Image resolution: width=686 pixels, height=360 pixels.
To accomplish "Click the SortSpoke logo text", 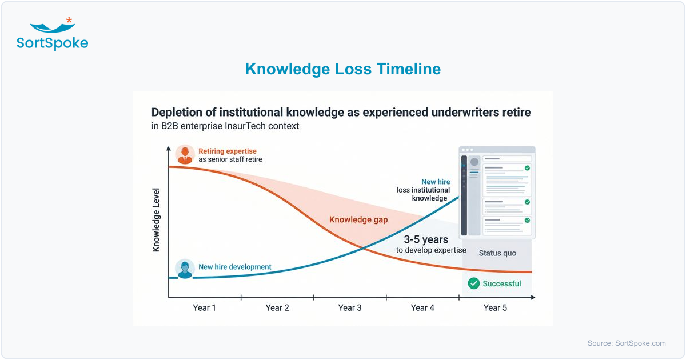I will (x=53, y=43).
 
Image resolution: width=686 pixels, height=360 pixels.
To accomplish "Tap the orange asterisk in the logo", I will (x=69, y=21).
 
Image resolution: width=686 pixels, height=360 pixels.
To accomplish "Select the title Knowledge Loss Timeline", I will (x=342, y=69).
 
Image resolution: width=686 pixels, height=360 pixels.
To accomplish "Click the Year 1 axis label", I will (x=205, y=308).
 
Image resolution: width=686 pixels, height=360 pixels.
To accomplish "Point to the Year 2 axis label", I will (x=277, y=308).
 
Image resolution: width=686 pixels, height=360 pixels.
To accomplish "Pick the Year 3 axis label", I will (x=350, y=308).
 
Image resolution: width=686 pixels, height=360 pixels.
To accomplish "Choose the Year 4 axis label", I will (x=422, y=308).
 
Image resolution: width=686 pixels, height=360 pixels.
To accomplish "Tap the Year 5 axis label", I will (x=495, y=308).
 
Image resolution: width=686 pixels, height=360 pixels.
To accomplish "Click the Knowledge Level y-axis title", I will (x=156, y=220).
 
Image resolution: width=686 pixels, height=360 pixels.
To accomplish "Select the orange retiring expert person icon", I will (x=185, y=154).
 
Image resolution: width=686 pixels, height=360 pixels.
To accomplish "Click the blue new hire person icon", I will (x=185, y=268).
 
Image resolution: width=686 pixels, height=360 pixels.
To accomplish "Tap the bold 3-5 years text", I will (x=426, y=239).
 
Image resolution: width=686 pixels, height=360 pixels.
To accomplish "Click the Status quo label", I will (x=497, y=253).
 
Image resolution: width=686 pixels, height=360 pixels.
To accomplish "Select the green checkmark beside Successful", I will (x=473, y=283).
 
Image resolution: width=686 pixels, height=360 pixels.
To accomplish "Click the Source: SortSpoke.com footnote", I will (x=627, y=343).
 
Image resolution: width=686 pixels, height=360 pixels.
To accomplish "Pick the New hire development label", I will (x=234, y=267).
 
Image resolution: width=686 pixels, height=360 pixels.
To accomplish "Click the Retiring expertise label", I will (x=228, y=151).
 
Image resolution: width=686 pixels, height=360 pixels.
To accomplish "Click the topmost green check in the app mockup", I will (x=527, y=168).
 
